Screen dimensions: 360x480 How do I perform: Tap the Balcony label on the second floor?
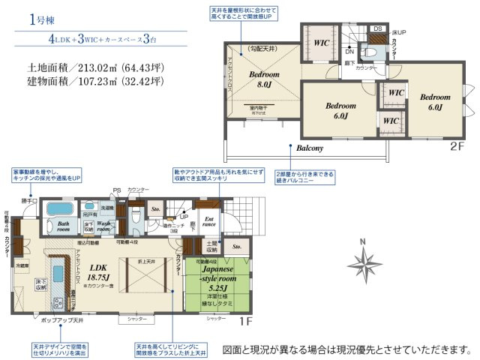pos(309,148)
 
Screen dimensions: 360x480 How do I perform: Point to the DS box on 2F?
pos(377,29)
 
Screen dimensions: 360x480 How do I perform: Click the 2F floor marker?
pos(457,148)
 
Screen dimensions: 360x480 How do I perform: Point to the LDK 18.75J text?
pos(100,271)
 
